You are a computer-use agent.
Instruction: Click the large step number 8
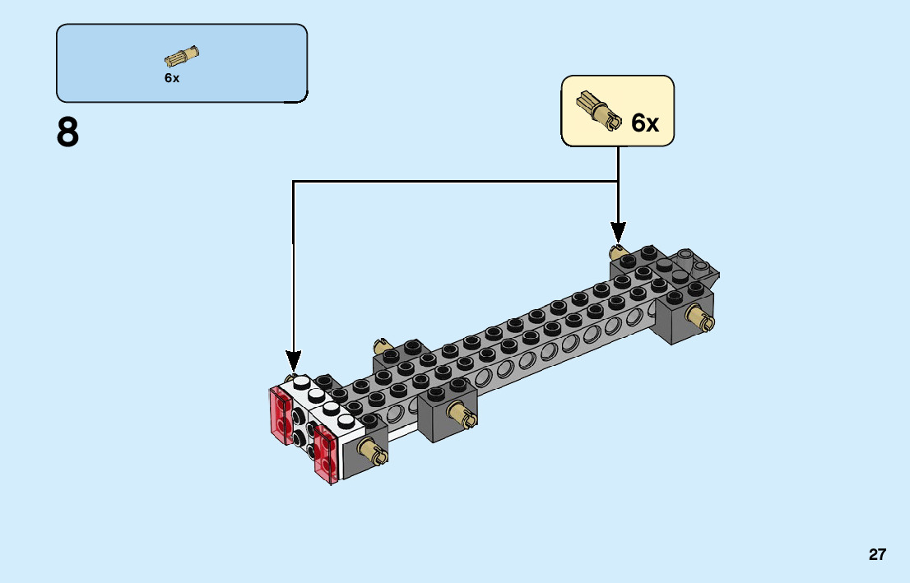point(68,132)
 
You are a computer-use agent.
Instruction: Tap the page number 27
point(877,554)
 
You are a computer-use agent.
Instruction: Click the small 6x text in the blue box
point(171,78)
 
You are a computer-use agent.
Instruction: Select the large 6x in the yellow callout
point(645,123)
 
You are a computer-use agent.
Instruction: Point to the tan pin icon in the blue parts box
point(182,56)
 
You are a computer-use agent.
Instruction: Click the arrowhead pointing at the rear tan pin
point(618,233)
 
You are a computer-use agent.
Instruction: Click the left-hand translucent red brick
point(281,418)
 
